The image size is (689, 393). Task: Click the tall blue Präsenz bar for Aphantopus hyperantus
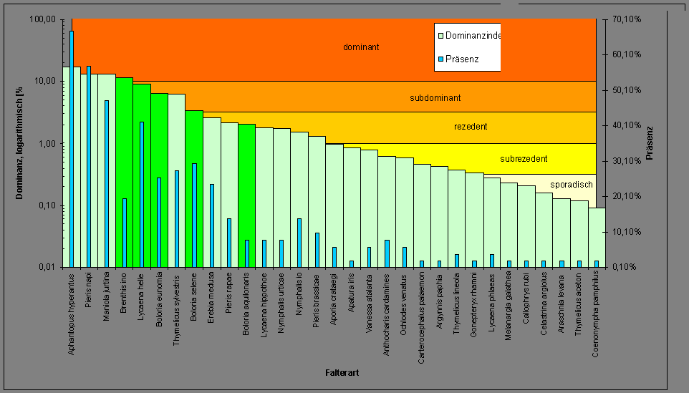(72, 143)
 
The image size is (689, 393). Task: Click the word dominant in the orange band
(361, 47)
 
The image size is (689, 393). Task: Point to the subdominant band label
(435, 97)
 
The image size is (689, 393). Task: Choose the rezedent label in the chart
(471, 127)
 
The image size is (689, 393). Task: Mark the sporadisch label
(571, 185)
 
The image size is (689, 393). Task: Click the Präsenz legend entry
(461, 59)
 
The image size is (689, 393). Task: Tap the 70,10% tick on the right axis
(625, 19)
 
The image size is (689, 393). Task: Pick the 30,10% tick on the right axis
(625, 161)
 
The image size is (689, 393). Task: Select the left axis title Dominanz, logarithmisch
(21, 143)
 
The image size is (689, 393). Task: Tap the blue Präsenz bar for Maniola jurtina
(107, 183)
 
